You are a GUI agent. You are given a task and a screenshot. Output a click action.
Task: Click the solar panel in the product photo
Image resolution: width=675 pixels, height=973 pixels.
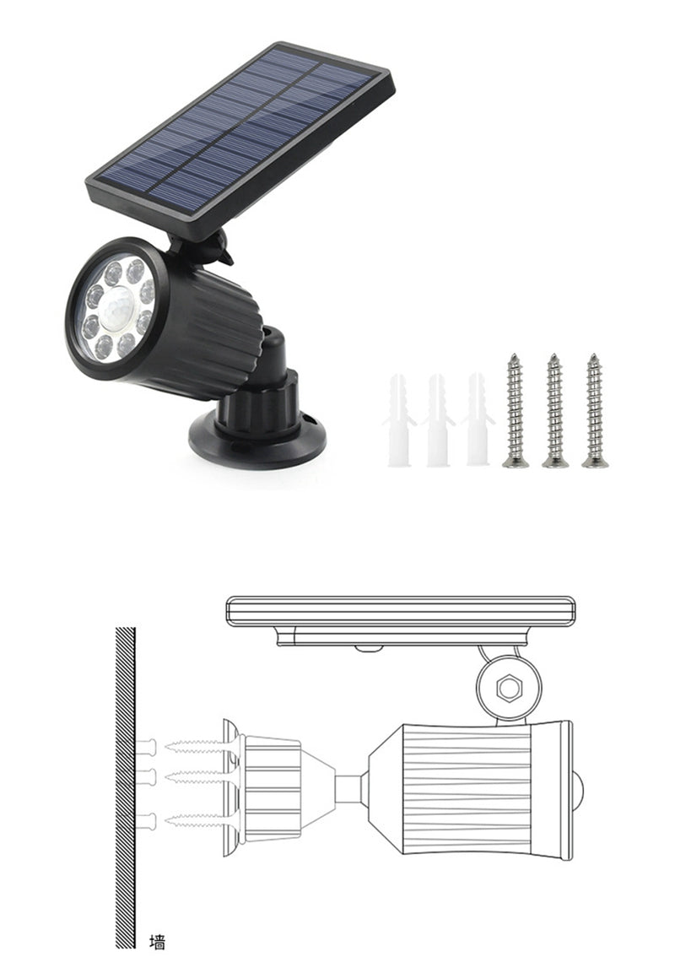click(240, 135)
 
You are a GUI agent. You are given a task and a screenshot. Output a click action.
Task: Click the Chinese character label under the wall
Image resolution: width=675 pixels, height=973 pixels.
click(156, 942)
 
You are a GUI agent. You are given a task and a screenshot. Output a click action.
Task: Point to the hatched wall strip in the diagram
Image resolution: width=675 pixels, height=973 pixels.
click(125, 785)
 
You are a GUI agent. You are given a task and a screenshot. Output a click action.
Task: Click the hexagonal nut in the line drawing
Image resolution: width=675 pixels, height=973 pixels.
click(508, 688)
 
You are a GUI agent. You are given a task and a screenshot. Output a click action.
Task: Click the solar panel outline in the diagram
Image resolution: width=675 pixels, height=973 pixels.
click(401, 610)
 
